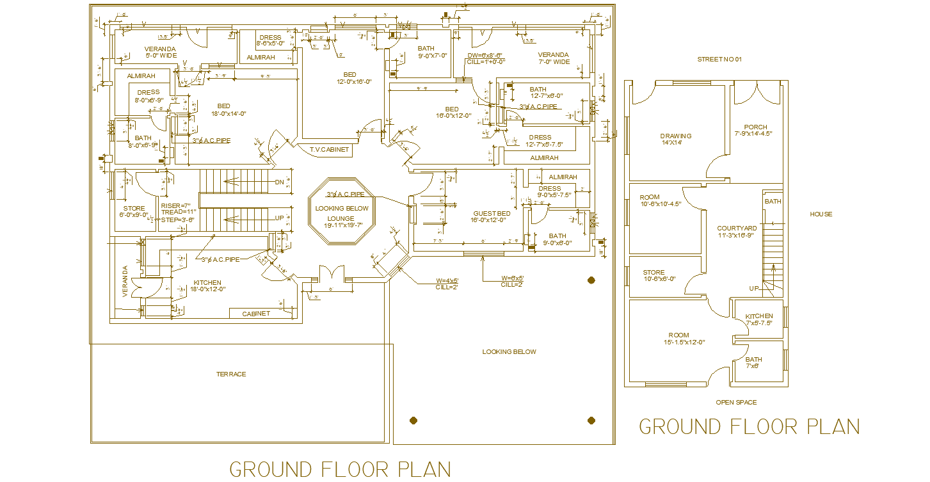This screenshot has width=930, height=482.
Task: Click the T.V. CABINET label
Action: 330,150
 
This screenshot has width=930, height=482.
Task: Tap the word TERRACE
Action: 231,374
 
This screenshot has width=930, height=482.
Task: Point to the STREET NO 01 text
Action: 719,60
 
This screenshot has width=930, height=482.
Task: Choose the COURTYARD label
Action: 737,229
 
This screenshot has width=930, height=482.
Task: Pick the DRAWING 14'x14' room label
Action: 676,136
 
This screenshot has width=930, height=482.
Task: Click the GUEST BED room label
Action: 492,213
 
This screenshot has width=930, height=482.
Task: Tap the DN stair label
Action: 279,182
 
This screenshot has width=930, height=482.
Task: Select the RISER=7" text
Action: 175,205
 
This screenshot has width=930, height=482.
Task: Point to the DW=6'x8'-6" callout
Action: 485,56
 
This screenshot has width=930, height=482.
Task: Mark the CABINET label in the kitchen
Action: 256,314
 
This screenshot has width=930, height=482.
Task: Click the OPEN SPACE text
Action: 736,403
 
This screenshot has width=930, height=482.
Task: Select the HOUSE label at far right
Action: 821,214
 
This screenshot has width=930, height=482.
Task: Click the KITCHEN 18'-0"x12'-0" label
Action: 207,283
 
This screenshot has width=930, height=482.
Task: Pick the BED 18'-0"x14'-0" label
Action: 223,106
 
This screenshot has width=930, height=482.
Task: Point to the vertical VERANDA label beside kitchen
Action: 125,281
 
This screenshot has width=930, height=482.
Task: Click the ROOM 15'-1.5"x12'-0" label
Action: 678,335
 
